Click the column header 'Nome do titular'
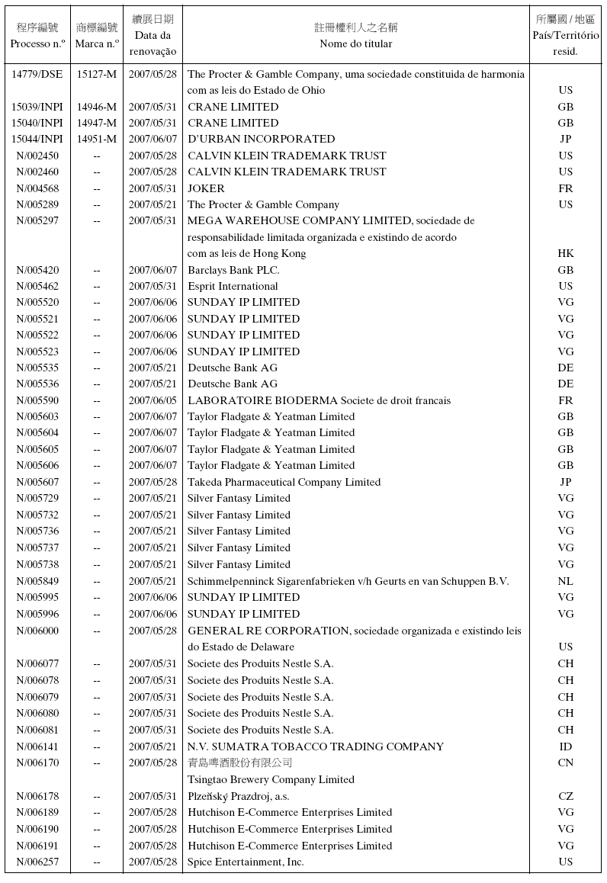[x=356, y=43]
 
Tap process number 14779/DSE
[x=37, y=74]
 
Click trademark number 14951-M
[x=97, y=139]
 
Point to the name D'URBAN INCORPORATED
[x=261, y=139]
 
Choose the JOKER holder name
[x=206, y=188]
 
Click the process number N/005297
[x=37, y=220]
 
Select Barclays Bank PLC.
[x=233, y=270]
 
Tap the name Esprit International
[x=233, y=286]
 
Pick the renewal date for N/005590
[x=153, y=400]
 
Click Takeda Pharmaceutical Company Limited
[x=284, y=482]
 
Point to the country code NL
[x=565, y=581]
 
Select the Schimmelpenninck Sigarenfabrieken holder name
[x=348, y=581]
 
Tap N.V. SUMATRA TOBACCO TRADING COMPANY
[x=316, y=747]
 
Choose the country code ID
[x=565, y=747]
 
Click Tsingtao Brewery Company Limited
[x=271, y=779]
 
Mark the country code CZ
[x=565, y=796]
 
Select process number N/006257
[x=37, y=862]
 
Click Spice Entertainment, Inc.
[x=246, y=862]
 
